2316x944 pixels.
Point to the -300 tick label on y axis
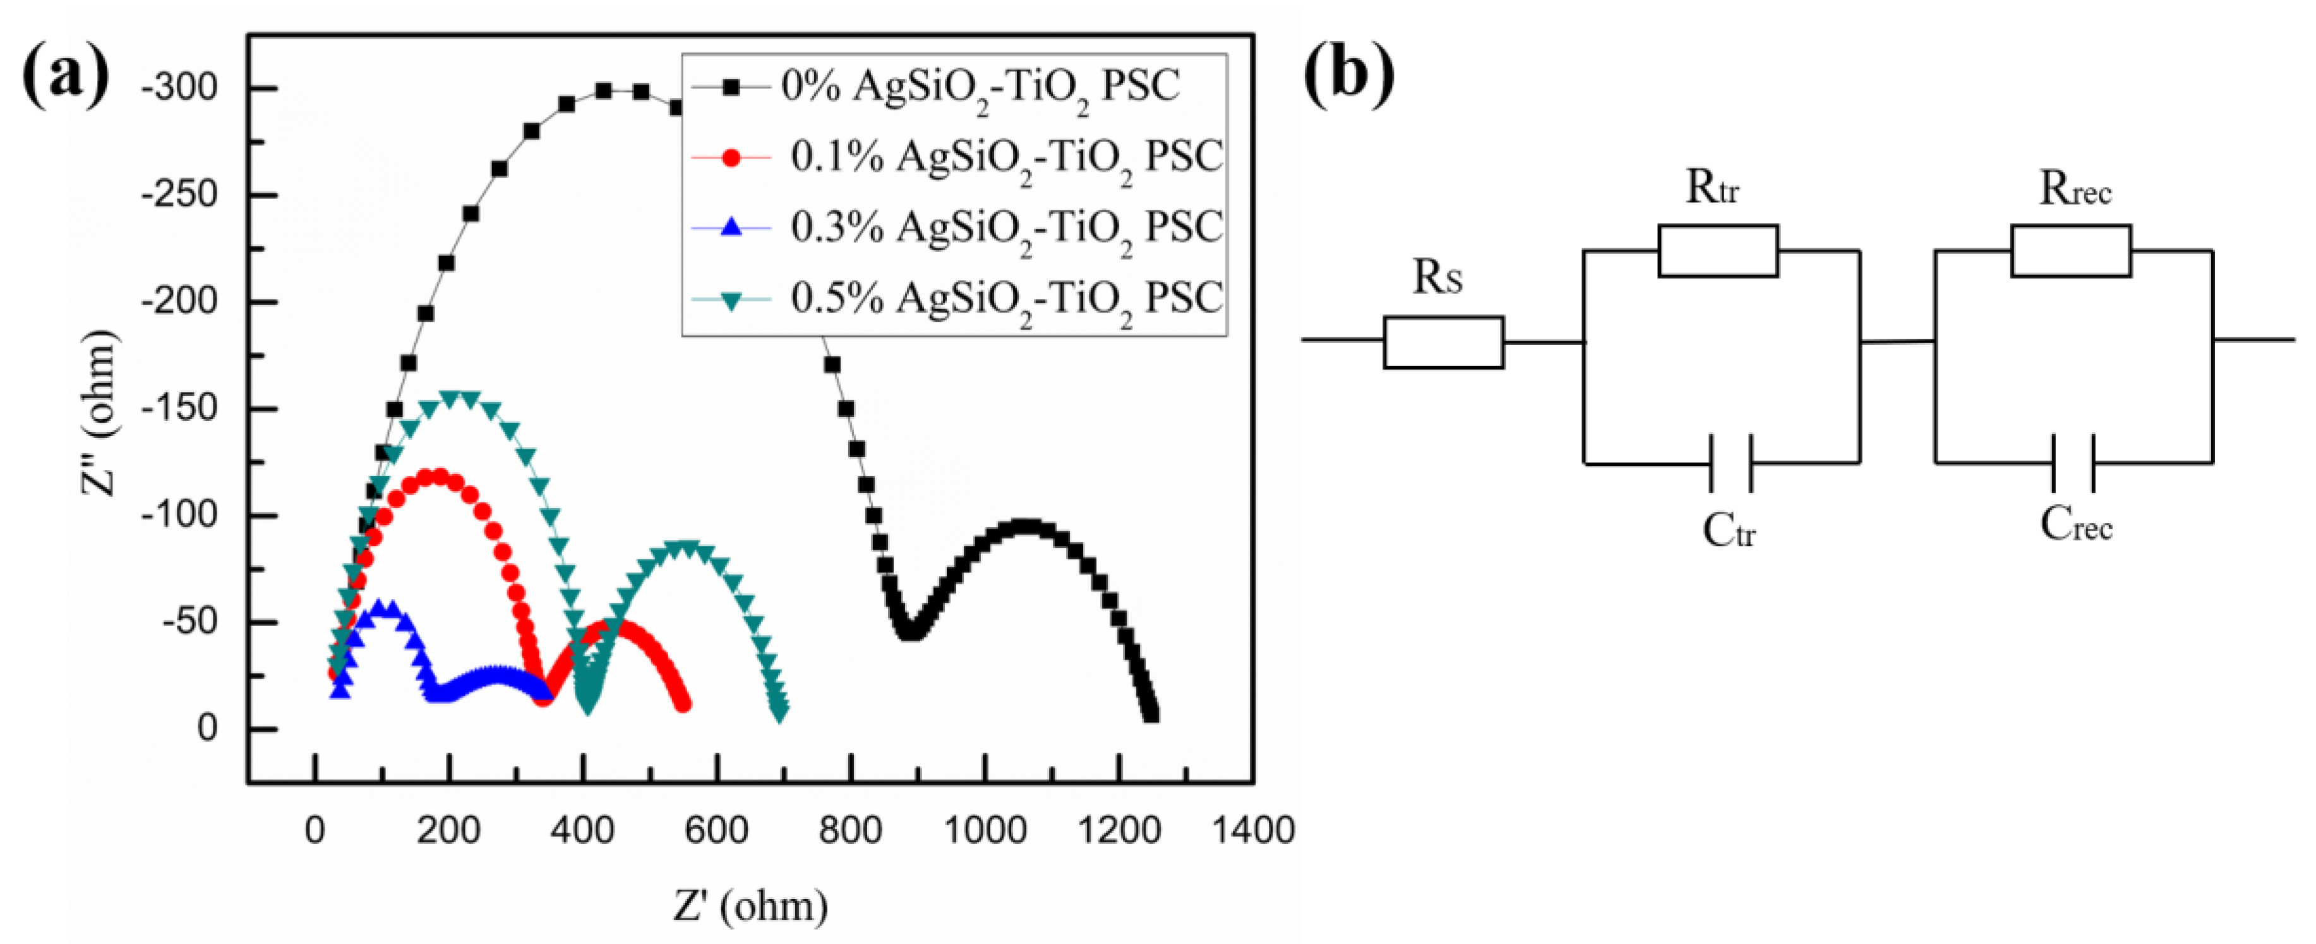[180, 88]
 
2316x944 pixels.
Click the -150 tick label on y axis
[180, 408]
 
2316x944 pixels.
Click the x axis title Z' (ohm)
[751, 905]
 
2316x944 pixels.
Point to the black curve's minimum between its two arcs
[911, 631]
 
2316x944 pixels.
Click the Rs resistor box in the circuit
[1443, 342]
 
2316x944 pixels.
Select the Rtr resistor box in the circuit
[1717, 250]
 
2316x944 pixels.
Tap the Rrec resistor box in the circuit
[2070, 250]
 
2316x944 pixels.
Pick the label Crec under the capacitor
[2075, 525]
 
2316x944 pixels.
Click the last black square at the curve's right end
[1150, 715]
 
